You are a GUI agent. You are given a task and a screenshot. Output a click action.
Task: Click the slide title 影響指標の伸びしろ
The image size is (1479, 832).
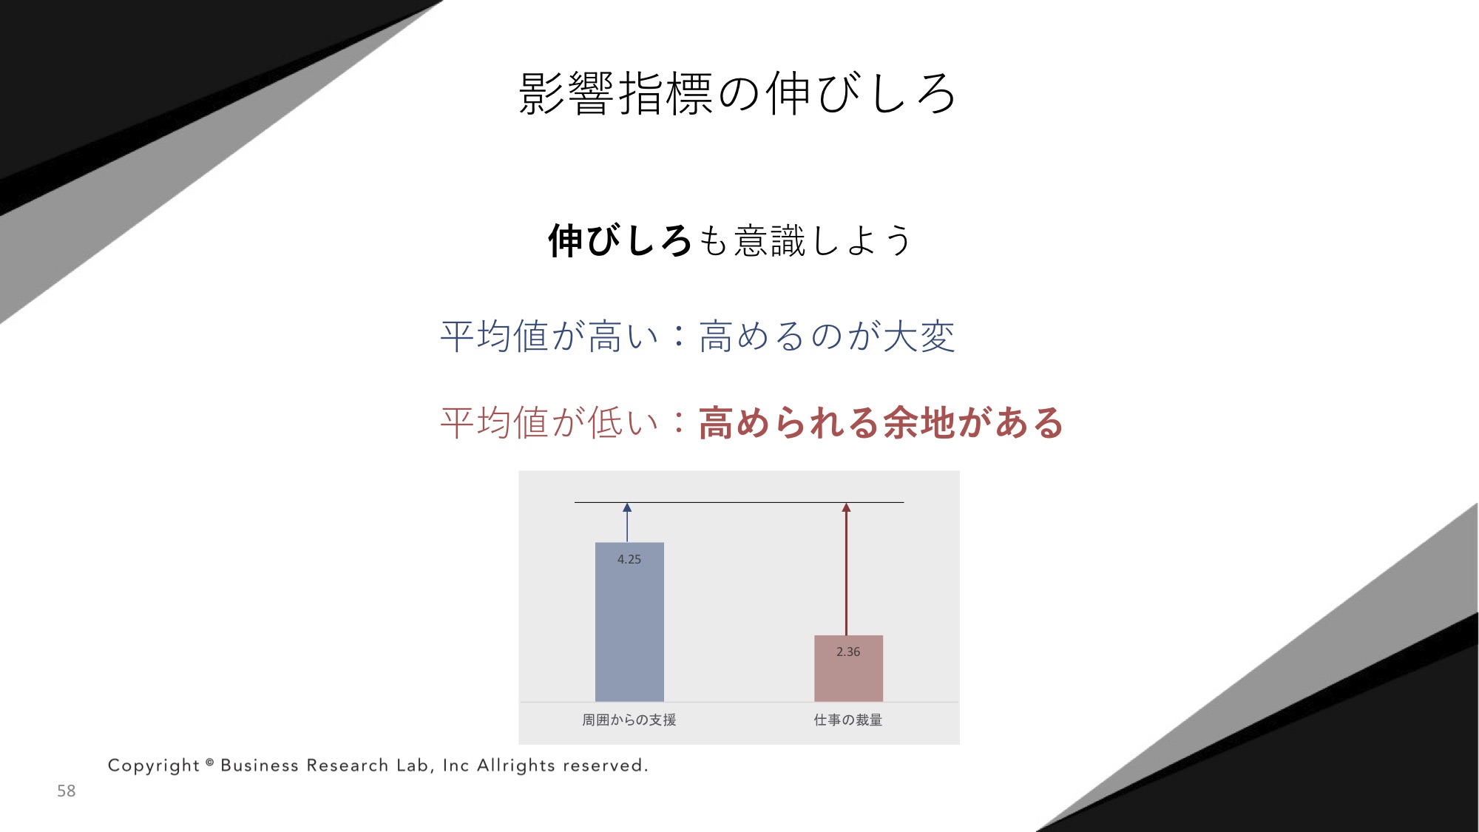(737, 94)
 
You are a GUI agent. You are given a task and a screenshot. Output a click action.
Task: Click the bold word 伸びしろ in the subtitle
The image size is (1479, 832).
(620, 241)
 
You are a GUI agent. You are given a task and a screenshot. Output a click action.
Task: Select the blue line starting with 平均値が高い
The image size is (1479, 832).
(697, 336)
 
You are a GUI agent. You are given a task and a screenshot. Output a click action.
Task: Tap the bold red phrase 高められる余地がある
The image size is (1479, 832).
(880, 423)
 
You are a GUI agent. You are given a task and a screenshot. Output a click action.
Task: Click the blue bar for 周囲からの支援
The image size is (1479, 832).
(629, 622)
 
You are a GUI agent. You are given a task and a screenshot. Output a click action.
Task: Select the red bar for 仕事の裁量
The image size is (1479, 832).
(848, 669)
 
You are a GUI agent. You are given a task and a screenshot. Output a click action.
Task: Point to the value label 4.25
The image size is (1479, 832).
(629, 559)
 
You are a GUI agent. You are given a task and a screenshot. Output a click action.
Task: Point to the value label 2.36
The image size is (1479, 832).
(848, 652)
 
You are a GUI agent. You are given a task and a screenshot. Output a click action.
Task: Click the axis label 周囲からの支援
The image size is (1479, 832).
(629, 720)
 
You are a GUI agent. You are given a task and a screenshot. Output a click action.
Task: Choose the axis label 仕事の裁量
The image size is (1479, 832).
(848, 720)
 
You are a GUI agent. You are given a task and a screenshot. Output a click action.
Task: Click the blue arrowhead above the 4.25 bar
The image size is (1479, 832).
(627, 507)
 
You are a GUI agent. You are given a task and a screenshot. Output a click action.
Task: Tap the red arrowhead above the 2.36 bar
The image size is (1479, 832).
(847, 507)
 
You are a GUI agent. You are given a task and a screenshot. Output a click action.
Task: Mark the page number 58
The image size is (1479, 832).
(67, 791)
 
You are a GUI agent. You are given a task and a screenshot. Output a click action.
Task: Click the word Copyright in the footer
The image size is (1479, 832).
(154, 765)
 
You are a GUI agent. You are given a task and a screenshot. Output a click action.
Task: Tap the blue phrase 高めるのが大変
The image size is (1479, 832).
(827, 336)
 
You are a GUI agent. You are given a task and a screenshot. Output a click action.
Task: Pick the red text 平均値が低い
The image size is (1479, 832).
(549, 423)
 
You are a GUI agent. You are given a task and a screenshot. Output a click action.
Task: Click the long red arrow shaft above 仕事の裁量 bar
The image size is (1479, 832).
(847, 574)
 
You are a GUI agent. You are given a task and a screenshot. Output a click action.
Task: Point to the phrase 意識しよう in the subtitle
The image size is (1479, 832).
(823, 241)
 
